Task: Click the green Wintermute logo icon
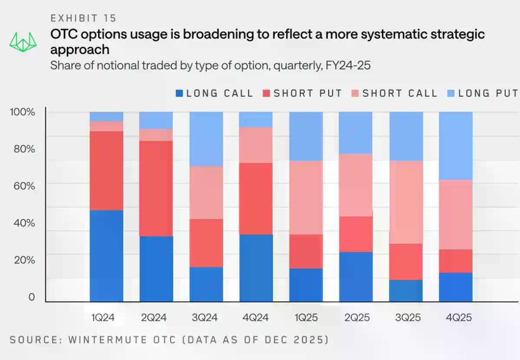(x=21, y=41)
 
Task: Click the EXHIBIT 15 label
(x=83, y=18)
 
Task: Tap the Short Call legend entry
(x=395, y=93)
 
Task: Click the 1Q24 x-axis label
(x=103, y=317)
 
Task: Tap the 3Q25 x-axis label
(x=408, y=317)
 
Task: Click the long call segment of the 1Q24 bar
(x=106, y=256)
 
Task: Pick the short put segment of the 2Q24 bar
(x=156, y=188)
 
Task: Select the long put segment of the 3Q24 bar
(x=206, y=139)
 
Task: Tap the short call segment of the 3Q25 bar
(x=406, y=202)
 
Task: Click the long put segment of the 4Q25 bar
(x=456, y=146)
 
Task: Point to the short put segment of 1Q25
(x=306, y=252)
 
